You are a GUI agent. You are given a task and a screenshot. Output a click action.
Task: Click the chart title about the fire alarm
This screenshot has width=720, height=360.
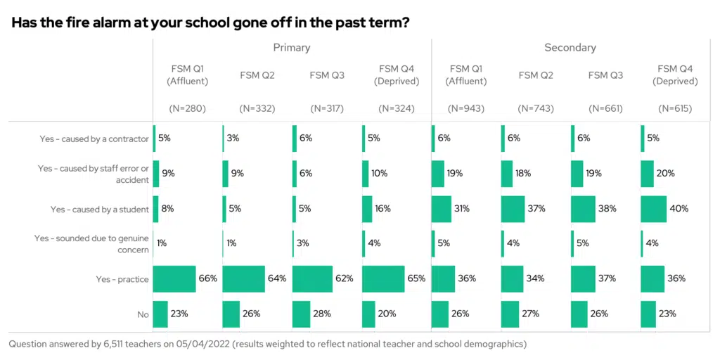211,22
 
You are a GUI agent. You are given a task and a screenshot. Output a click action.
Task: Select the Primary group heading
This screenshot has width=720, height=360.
292,48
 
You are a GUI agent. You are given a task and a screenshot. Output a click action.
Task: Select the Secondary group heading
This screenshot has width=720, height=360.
570,48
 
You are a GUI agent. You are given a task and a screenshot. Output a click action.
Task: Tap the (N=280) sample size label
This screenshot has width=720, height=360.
187,108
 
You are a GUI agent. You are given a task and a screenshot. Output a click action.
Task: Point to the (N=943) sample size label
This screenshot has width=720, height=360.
466,108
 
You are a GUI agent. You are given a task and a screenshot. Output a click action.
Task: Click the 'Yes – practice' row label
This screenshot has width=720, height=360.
122,279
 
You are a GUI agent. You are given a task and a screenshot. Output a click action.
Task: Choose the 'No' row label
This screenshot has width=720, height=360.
143,314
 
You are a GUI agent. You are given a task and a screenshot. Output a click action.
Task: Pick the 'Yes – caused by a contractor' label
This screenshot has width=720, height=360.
94,139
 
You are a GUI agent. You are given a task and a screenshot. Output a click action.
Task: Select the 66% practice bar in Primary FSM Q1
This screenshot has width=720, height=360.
174,279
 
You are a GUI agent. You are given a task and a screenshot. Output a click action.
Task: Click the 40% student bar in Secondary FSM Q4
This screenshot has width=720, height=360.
653,209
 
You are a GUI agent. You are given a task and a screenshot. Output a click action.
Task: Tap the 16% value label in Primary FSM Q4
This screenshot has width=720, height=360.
383,209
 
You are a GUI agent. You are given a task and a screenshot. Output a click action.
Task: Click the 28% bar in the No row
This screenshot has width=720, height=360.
301,314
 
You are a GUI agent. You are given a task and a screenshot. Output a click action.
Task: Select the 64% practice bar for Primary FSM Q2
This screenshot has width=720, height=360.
243,279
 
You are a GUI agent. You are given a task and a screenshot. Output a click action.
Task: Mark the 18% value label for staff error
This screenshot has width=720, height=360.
530,174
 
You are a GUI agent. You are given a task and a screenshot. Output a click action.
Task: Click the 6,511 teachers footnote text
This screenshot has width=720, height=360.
267,345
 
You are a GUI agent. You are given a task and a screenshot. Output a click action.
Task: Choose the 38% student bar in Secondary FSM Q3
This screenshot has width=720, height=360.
583,209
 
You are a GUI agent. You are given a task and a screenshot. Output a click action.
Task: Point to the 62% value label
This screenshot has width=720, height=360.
345,279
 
